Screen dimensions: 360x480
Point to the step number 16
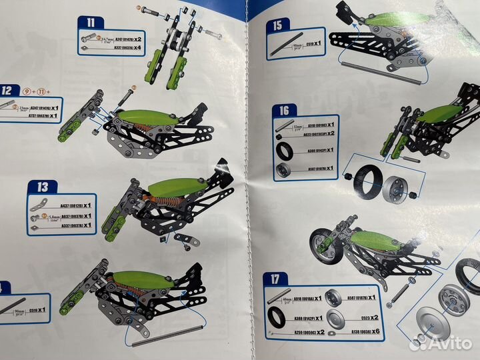284,111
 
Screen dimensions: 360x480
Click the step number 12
8,91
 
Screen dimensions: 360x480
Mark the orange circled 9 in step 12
27,91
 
